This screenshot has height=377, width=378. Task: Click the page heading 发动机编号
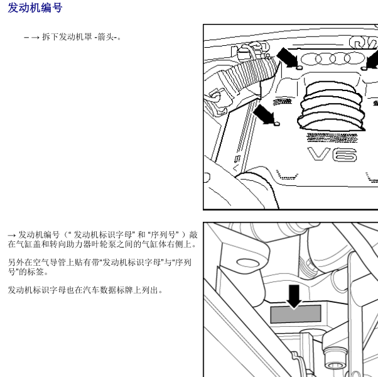(x=35, y=8)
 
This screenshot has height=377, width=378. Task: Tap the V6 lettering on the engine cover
(x=332, y=155)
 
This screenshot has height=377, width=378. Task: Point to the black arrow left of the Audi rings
(x=288, y=57)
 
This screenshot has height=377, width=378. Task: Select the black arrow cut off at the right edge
(x=372, y=60)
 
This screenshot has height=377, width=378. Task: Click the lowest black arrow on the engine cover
(x=265, y=114)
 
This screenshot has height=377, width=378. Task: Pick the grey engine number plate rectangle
(x=295, y=314)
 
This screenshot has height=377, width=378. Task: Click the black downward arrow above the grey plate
(x=293, y=295)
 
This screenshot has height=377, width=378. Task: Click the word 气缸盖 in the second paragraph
(x=29, y=244)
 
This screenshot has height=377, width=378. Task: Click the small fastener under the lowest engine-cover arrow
(x=277, y=123)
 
